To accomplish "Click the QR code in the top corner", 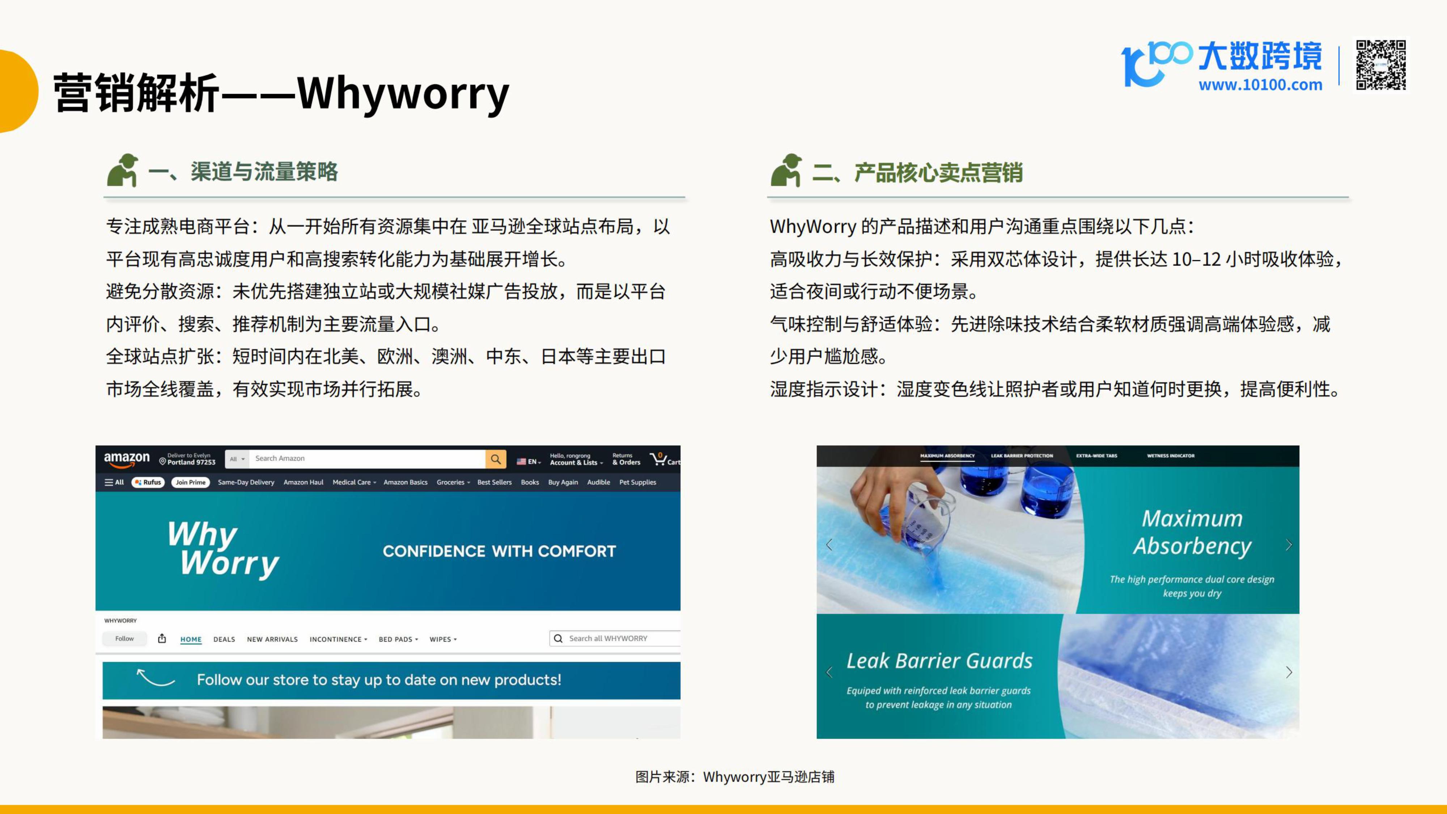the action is pos(1381,65).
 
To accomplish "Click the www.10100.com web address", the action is pos(1260,85).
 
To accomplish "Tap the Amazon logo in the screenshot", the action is pos(127,459).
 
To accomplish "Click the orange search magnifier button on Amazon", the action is pos(496,459).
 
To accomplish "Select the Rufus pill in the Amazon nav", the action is pos(148,482).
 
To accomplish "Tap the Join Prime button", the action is pos(190,482).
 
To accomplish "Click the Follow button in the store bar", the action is pos(125,639).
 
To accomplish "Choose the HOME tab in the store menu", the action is pos(191,639).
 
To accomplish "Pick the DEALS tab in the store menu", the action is pos(224,639).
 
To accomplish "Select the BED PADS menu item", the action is pos(398,639).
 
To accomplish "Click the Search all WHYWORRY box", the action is pos(615,639).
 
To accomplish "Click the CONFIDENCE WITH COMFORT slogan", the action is pos(499,551).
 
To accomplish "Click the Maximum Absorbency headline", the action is pos(1192,532).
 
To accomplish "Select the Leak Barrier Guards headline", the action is pos(939,661).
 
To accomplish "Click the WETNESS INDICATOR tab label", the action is pos(1171,455).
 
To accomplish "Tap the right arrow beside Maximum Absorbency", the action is pos(1289,545).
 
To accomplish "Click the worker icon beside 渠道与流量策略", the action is pos(123,170).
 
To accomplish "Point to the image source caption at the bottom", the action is pos(735,777).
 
